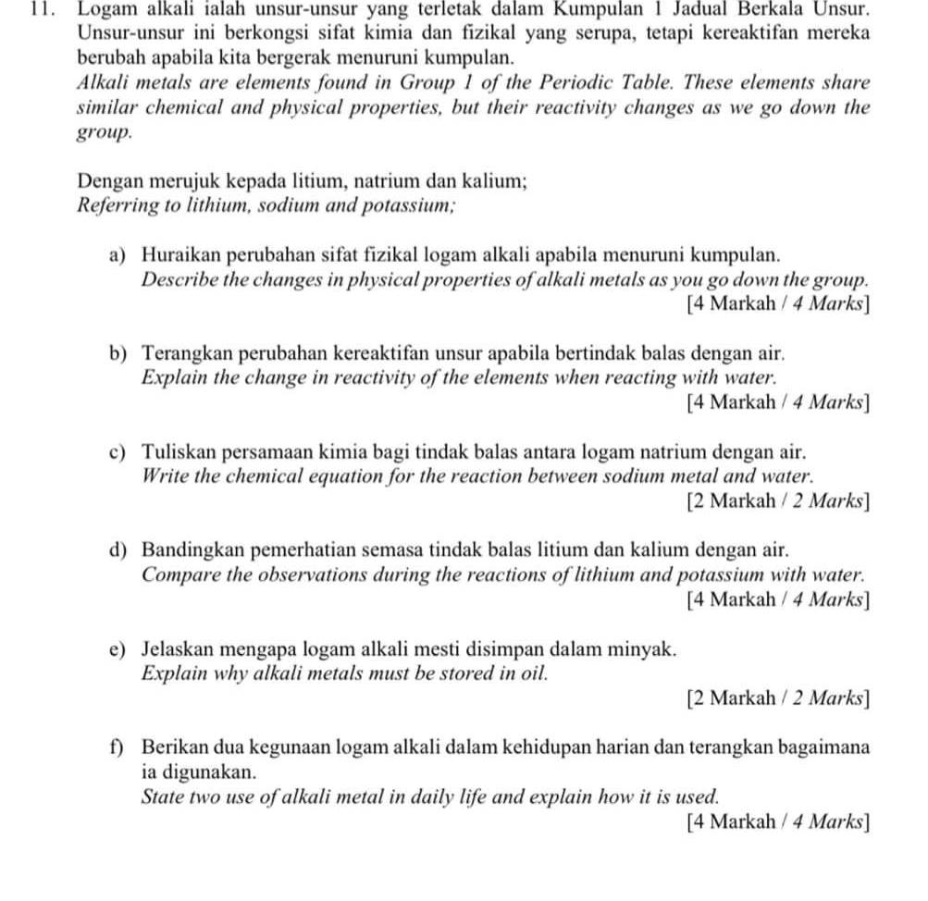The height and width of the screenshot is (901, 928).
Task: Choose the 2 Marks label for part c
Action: coord(778,501)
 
